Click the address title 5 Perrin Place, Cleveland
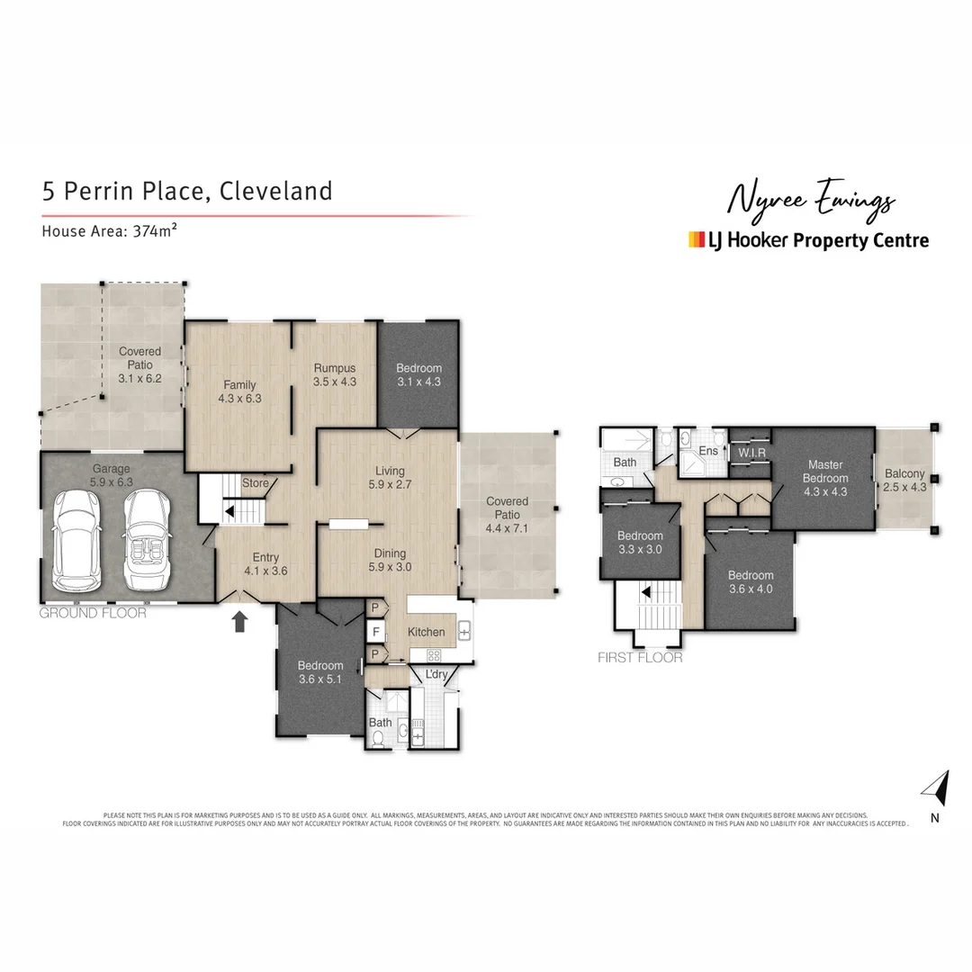pyautogui.click(x=187, y=192)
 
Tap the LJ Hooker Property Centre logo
pyautogui.click(x=807, y=240)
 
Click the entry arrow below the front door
pyautogui.click(x=240, y=621)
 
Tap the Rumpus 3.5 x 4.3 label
pyautogui.click(x=335, y=374)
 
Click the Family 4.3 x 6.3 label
pyautogui.click(x=238, y=391)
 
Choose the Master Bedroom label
pyautogui.click(x=824, y=472)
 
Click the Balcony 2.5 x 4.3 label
pyautogui.click(x=904, y=481)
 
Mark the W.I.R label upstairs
pyautogui.click(x=751, y=452)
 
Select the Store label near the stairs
pyautogui.click(x=256, y=483)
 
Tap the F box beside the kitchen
pyautogui.click(x=373, y=631)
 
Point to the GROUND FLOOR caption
pyautogui.click(x=94, y=614)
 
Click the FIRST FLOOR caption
pyautogui.click(x=640, y=658)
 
